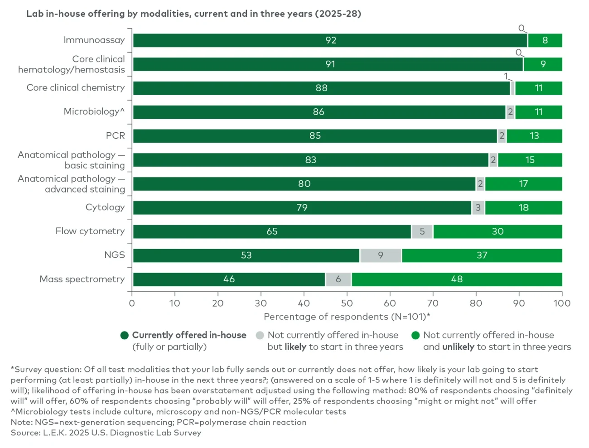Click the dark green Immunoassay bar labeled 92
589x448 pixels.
click(330, 40)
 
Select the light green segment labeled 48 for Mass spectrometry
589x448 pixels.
click(457, 279)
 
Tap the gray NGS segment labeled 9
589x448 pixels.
click(381, 255)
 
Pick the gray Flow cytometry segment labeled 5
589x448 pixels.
click(422, 231)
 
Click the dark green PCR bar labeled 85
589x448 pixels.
click(315, 136)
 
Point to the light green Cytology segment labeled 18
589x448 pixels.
click(523, 208)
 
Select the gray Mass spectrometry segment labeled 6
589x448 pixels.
click(338, 279)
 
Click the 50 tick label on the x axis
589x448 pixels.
click(347, 303)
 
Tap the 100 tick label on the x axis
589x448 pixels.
click(561, 303)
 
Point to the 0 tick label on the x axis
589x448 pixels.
click(132, 303)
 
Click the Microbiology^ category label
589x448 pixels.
click(94, 111)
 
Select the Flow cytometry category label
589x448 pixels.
click(90, 231)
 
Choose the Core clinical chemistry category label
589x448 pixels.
click(75, 87)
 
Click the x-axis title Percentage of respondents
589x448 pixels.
click(347, 317)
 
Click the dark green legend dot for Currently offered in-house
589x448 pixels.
click(125, 335)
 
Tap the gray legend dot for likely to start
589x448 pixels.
click(260, 335)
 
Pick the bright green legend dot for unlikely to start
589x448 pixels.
click(415, 335)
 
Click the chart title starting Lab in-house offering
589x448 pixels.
click(193, 14)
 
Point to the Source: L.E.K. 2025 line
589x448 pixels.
click(106, 433)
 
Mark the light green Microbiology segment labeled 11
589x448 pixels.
click(538, 112)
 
